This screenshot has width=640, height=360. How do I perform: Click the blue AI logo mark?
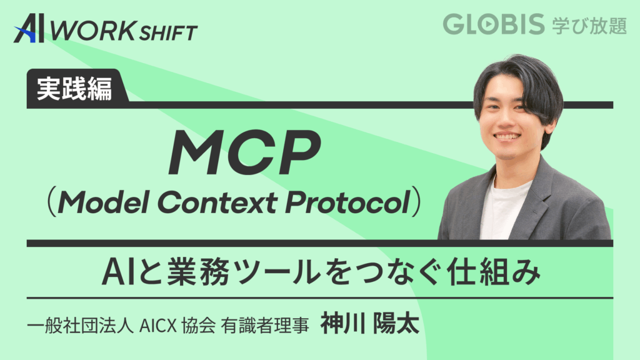point(29,28)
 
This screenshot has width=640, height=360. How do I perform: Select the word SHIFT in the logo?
point(168,33)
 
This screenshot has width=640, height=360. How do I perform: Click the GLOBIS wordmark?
point(494,24)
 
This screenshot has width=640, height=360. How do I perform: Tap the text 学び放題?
point(589,26)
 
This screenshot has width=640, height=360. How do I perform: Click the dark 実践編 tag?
point(75,88)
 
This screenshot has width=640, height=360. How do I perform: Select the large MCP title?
point(245,152)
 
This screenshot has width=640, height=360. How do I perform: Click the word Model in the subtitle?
point(103,201)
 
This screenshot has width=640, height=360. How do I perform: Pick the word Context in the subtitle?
point(217,202)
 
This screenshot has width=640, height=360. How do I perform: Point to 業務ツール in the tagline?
point(246,272)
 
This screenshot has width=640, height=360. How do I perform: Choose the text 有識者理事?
point(265,326)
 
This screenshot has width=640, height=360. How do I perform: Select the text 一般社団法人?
point(81,326)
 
